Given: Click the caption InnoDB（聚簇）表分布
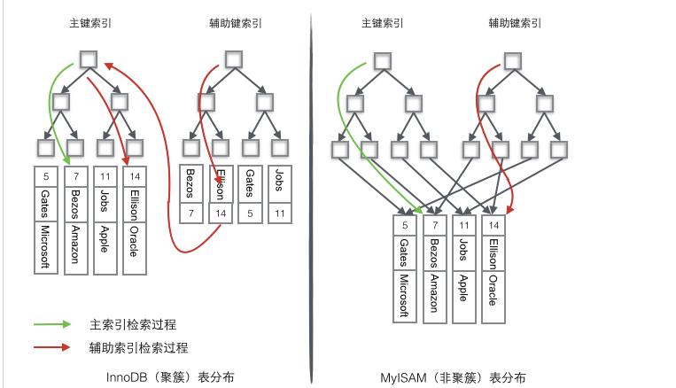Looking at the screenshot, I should pyautogui.click(x=169, y=376).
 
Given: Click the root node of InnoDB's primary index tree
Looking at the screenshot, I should pyautogui.click(x=88, y=59).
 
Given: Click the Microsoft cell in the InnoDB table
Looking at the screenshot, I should pyautogui.click(x=46, y=248).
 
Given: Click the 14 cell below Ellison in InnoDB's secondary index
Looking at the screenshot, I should pyautogui.click(x=221, y=213).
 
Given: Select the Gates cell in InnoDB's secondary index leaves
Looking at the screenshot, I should pyautogui.click(x=251, y=183).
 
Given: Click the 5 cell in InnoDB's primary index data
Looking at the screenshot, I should pyautogui.click(x=46, y=176).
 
